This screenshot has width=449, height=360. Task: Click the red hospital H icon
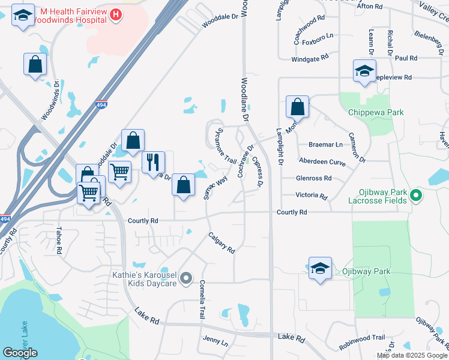click(116, 14)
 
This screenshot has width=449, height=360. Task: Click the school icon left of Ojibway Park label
click(320, 268)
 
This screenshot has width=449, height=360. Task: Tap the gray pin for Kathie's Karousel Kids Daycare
click(185, 278)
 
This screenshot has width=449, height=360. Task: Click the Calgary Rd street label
click(221, 242)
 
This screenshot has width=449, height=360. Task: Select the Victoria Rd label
click(311, 196)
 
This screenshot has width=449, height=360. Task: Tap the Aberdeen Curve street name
click(323, 161)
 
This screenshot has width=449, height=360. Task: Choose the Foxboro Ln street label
click(317, 43)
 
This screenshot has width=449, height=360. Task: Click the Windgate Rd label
click(310, 58)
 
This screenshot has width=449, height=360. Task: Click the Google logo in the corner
click(20, 353)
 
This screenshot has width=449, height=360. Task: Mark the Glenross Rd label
click(313, 178)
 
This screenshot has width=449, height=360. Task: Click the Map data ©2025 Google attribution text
click(412, 355)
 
